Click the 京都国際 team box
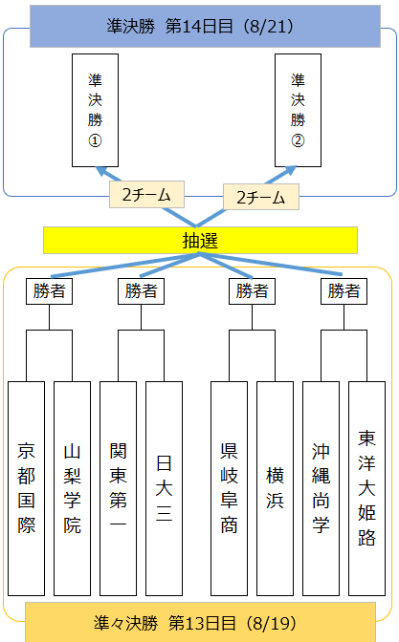click(x=26, y=488)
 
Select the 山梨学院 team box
click(x=72, y=488)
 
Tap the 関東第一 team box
click(x=118, y=488)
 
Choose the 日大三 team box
click(x=164, y=488)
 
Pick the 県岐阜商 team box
click(x=230, y=488)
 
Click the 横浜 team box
click(x=276, y=488)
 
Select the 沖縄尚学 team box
click(x=321, y=488)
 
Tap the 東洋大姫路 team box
click(x=367, y=488)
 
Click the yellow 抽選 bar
click(x=201, y=241)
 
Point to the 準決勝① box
click(x=95, y=110)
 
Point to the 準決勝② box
click(x=299, y=110)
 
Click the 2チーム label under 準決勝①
click(x=146, y=195)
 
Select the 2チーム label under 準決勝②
click(x=261, y=197)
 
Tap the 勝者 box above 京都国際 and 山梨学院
click(x=49, y=291)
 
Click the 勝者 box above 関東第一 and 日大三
click(x=141, y=291)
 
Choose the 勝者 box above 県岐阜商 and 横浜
click(x=253, y=291)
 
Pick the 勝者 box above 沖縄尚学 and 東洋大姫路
click(x=344, y=291)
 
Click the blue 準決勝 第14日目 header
click(x=205, y=26)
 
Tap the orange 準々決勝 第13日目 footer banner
click(x=201, y=623)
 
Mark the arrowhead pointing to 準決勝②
click(x=290, y=170)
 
